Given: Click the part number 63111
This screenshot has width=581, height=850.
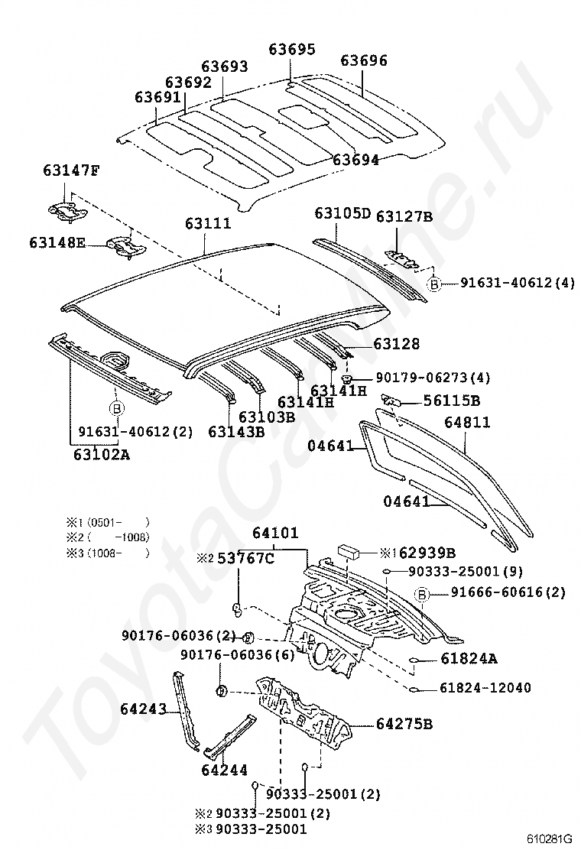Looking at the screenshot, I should point(207,224).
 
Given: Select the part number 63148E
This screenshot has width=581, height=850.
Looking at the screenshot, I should point(57,243).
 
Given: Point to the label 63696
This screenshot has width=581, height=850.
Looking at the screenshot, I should point(364,60).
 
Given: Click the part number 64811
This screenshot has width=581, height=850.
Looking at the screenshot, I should point(468,422).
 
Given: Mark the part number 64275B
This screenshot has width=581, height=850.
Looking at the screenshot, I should point(404,724).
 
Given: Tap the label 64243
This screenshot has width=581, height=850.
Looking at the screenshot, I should point(143,709).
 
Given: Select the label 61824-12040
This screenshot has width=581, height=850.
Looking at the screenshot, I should point(485,688).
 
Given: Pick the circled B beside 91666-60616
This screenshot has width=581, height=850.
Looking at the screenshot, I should point(420,593).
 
